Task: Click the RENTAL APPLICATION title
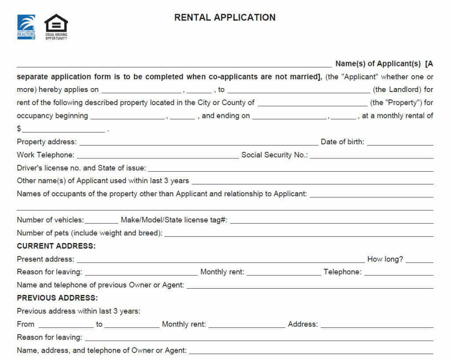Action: pyautogui.click(x=225, y=17)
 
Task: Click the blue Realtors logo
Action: pyautogui.click(x=26, y=27)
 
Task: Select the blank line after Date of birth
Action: pyautogui.click(x=400, y=143)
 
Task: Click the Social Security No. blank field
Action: pyautogui.click(x=371, y=156)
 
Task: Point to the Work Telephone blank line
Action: pyautogui.click(x=158, y=156)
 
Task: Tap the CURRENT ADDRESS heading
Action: pyautogui.click(x=56, y=246)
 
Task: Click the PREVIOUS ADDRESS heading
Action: pyautogui.click(x=57, y=298)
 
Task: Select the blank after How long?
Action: pyautogui.click(x=419, y=261)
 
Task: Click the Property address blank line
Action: pyautogui.click(x=198, y=143)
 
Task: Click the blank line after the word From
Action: pyautogui.click(x=66, y=326)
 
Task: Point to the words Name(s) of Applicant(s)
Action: pyautogui.click(x=378, y=64)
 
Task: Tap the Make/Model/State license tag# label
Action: pyautogui.click(x=174, y=220)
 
